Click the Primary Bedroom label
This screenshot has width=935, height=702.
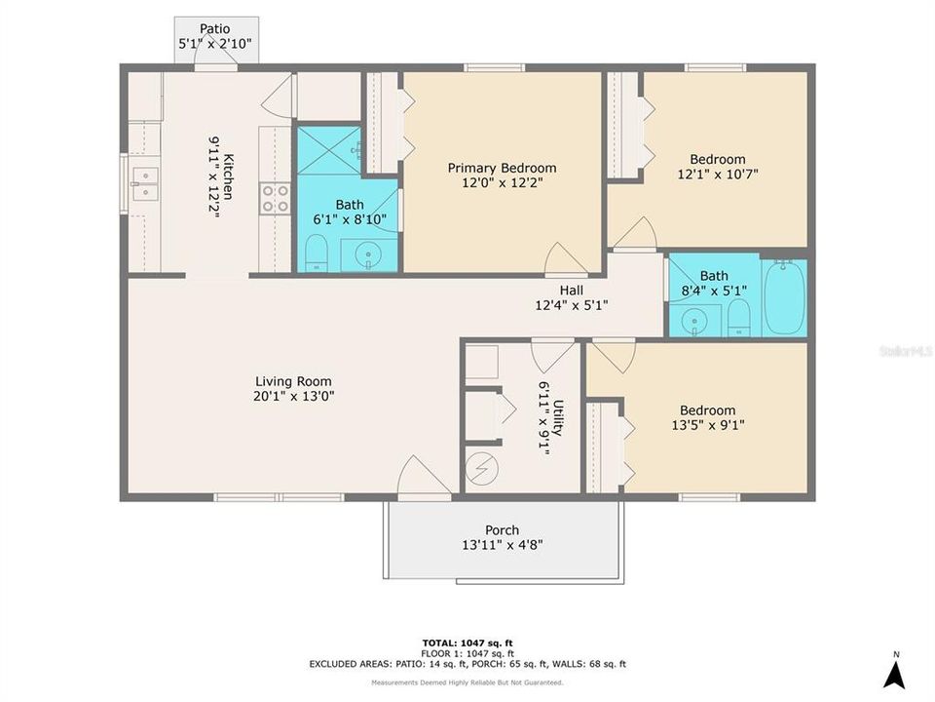(502, 168)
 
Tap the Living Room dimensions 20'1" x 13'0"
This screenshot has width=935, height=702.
(293, 397)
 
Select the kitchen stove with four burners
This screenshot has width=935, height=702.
(275, 198)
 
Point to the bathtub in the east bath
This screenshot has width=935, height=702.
(784, 296)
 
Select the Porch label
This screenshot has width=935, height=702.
(502, 530)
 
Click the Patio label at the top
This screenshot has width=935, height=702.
(215, 28)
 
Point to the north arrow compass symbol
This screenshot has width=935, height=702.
(895, 670)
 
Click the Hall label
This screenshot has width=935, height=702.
(572, 290)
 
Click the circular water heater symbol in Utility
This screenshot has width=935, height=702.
(479, 469)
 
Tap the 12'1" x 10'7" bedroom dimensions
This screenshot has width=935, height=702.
(718, 175)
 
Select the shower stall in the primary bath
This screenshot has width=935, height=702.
(328, 150)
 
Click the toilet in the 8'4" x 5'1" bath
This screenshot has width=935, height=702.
(740, 318)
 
